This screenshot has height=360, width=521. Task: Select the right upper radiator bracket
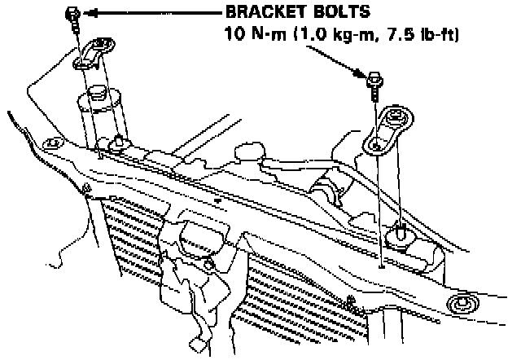coord(387,135)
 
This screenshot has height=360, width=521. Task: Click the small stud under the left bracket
coord(120,143)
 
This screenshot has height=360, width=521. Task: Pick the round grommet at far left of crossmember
coord(53,145)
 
